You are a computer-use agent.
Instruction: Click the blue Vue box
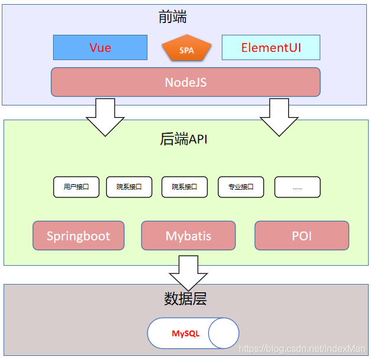pyautogui.click(x=100, y=48)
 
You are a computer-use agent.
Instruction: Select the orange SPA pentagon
pyautogui.click(x=186, y=49)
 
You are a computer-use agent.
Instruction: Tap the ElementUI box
pyautogui.click(x=271, y=48)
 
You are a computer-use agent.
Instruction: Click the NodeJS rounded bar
pyautogui.click(x=185, y=82)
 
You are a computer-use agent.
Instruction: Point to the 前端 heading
pyautogui.click(x=173, y=18)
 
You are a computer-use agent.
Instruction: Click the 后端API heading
pyautogui.click(x=183, y=139)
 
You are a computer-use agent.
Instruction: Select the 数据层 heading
pyautogui.click(x=185, y=299)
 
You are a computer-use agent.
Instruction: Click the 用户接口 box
pyautogui.click(x=77, y=187)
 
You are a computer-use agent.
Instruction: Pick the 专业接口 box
pyautogui.click(x=241, y=187)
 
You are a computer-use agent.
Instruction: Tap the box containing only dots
pyautogui.click(x=297, y=187)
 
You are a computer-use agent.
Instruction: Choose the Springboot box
pyautogui.click(x=78, y=236)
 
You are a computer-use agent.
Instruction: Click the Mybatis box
pyautogui.click(x=188, y=236)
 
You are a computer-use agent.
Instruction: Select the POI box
pyautogui.click(x=301, y=236)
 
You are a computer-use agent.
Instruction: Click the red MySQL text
pyautogui.click(x=185, y=333)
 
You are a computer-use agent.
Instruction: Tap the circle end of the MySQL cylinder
pyautogui.click(x=224, y=333)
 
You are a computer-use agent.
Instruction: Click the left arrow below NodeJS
pyautogui.click(x=105, y=116)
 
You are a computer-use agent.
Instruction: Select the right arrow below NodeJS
pyautogui.click(x=280, y=116)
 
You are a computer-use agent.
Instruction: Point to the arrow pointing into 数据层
pyautogui.click(x=188, y=272)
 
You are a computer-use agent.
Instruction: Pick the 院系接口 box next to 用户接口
pyautogui.click(x=129, y=187)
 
